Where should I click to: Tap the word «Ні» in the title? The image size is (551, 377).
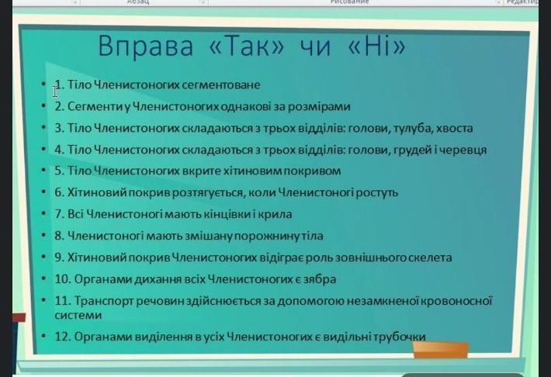(376, 46)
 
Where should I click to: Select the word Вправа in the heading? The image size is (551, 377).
(145, 46)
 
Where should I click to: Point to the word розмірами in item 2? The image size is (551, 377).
(319, 106)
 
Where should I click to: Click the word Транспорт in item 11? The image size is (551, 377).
(104, 302)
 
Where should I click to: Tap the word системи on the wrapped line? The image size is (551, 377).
(78, 315)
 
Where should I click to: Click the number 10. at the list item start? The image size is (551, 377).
(64, 279)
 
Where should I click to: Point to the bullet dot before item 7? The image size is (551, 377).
(43, 213)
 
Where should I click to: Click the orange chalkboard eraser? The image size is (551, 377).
(440, 350)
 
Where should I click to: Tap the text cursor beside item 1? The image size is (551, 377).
(55, 92)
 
